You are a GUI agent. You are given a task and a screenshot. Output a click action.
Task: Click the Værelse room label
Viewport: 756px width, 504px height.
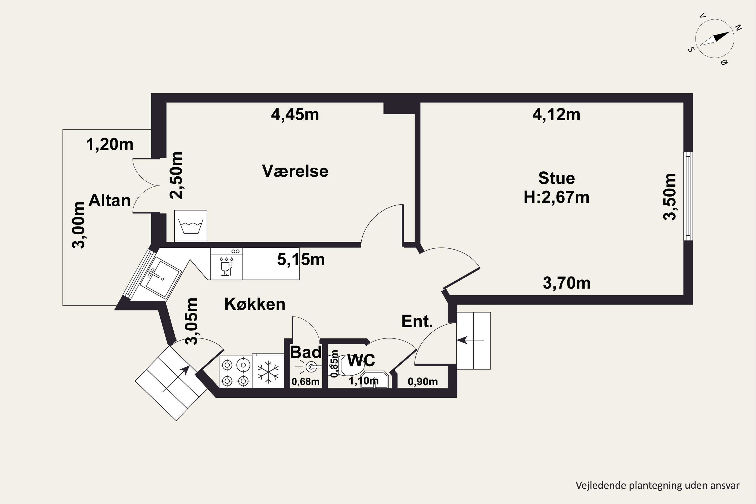295,171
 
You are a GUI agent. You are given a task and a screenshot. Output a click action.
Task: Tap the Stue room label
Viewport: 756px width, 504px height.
556,178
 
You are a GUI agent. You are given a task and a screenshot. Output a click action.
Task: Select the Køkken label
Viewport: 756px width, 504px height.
255,304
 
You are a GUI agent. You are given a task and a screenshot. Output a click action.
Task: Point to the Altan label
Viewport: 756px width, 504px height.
109,201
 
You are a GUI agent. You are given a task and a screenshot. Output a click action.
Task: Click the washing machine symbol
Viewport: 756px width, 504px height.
191,226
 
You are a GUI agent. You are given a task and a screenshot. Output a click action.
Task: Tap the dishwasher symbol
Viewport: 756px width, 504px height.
226,264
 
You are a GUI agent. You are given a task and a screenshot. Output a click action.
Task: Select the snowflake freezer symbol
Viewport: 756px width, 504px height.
268,371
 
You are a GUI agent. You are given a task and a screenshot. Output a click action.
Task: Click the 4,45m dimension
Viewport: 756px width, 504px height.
295,115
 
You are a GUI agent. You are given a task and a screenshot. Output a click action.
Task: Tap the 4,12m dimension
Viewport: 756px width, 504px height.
556,115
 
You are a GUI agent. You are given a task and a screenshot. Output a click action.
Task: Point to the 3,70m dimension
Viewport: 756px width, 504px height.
567,283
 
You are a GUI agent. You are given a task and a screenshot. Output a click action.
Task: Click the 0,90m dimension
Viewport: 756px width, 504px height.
423,382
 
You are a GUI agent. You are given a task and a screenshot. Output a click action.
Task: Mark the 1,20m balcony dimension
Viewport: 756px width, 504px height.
110,144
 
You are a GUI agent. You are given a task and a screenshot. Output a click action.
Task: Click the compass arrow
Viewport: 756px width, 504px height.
714,39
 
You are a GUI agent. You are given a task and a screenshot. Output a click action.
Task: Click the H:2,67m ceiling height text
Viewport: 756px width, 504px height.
556,197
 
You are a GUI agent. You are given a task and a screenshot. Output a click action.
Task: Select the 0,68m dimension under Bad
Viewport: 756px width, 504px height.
305,382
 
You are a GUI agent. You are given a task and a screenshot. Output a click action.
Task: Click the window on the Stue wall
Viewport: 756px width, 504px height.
688,196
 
